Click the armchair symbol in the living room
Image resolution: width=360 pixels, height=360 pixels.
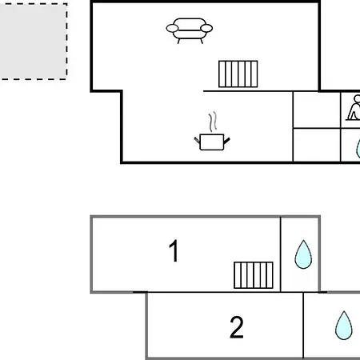click(190, 30)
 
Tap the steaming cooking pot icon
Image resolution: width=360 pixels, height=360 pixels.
click(212, 131)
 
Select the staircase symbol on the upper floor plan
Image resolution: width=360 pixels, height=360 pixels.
click(238, 74)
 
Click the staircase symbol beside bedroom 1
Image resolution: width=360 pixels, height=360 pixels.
click(254, 275)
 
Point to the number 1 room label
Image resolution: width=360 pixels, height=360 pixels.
click(174, 250)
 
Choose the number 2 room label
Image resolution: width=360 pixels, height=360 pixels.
click(237, 327)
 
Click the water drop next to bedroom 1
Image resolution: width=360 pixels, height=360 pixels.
click(303, 254)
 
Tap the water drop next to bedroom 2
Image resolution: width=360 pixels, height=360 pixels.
click(344, 326)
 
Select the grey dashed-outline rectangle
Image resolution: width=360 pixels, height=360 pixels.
click(33, 42)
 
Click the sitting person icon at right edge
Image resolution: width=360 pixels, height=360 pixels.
click(354, 107)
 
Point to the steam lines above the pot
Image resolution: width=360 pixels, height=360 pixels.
click(213, 122)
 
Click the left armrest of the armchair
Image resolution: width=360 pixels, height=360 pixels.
click(172, 28)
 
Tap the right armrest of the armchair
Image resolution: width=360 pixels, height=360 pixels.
click(206, 28)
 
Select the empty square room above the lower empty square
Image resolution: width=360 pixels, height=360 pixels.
click(317, 110)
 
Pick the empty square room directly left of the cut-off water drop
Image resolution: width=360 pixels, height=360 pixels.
click(317, 145)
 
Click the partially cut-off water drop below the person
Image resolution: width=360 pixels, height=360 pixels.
click(358, 148)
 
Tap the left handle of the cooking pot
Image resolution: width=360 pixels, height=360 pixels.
click(197, 140)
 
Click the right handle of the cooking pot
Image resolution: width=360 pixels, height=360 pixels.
click(226, 141)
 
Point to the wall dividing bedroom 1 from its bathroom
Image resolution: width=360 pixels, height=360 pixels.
click(281, 254)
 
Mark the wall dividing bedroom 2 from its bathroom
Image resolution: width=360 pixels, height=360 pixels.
click(303, 326)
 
